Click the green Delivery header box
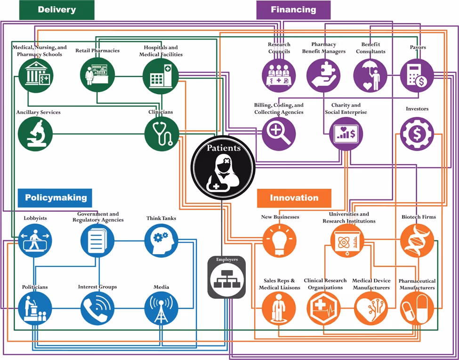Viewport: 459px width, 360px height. pyautogui.click(x=56, y=10)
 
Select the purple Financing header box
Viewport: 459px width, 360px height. pyautogui.click(x=293, y=10)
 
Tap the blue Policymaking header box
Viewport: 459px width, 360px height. pyautogui.click(x=56, y=198)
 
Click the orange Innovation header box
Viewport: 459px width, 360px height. pyautogui.click(x=294, y=198)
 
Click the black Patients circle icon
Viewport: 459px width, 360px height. pyautogui.click(x=223, y=168)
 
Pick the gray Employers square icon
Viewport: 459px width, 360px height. pyautogui.click(x=226, y=278)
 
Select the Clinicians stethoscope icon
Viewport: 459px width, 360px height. pyautogui.click(x=162, y=134)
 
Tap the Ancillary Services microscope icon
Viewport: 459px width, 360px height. pyautogui.click(x=35, y=134)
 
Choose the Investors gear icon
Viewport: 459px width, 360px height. pyautogui.click(x=417, y=134)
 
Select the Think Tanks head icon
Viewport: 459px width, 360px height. pyautogui.click(x=161, y=241)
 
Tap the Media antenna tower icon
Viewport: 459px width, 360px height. pyautogui.click(x=161, y=308)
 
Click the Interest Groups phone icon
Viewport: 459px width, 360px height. pyautogui.click(x=97, y=308)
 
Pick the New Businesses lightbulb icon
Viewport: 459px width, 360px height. pyautogui.click(x=279, y=241)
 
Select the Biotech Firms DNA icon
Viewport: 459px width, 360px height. pyautogui.click(x=417, y=241)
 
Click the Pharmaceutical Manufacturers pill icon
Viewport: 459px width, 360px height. pyautogui.click(x=417, y=308)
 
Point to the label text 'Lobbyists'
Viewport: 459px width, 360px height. pyautogui.click(x=35, y=218)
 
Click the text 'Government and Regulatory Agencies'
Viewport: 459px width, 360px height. pyautogui.click(x=98, y=217)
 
